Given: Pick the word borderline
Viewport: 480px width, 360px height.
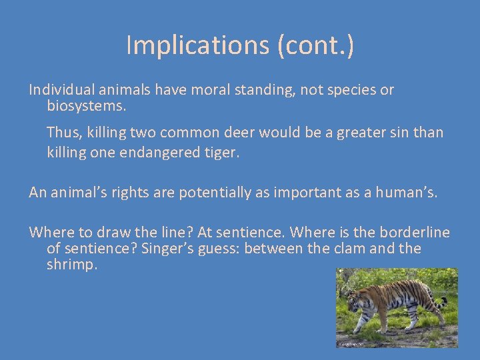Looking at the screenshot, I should (x=415, y=233).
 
